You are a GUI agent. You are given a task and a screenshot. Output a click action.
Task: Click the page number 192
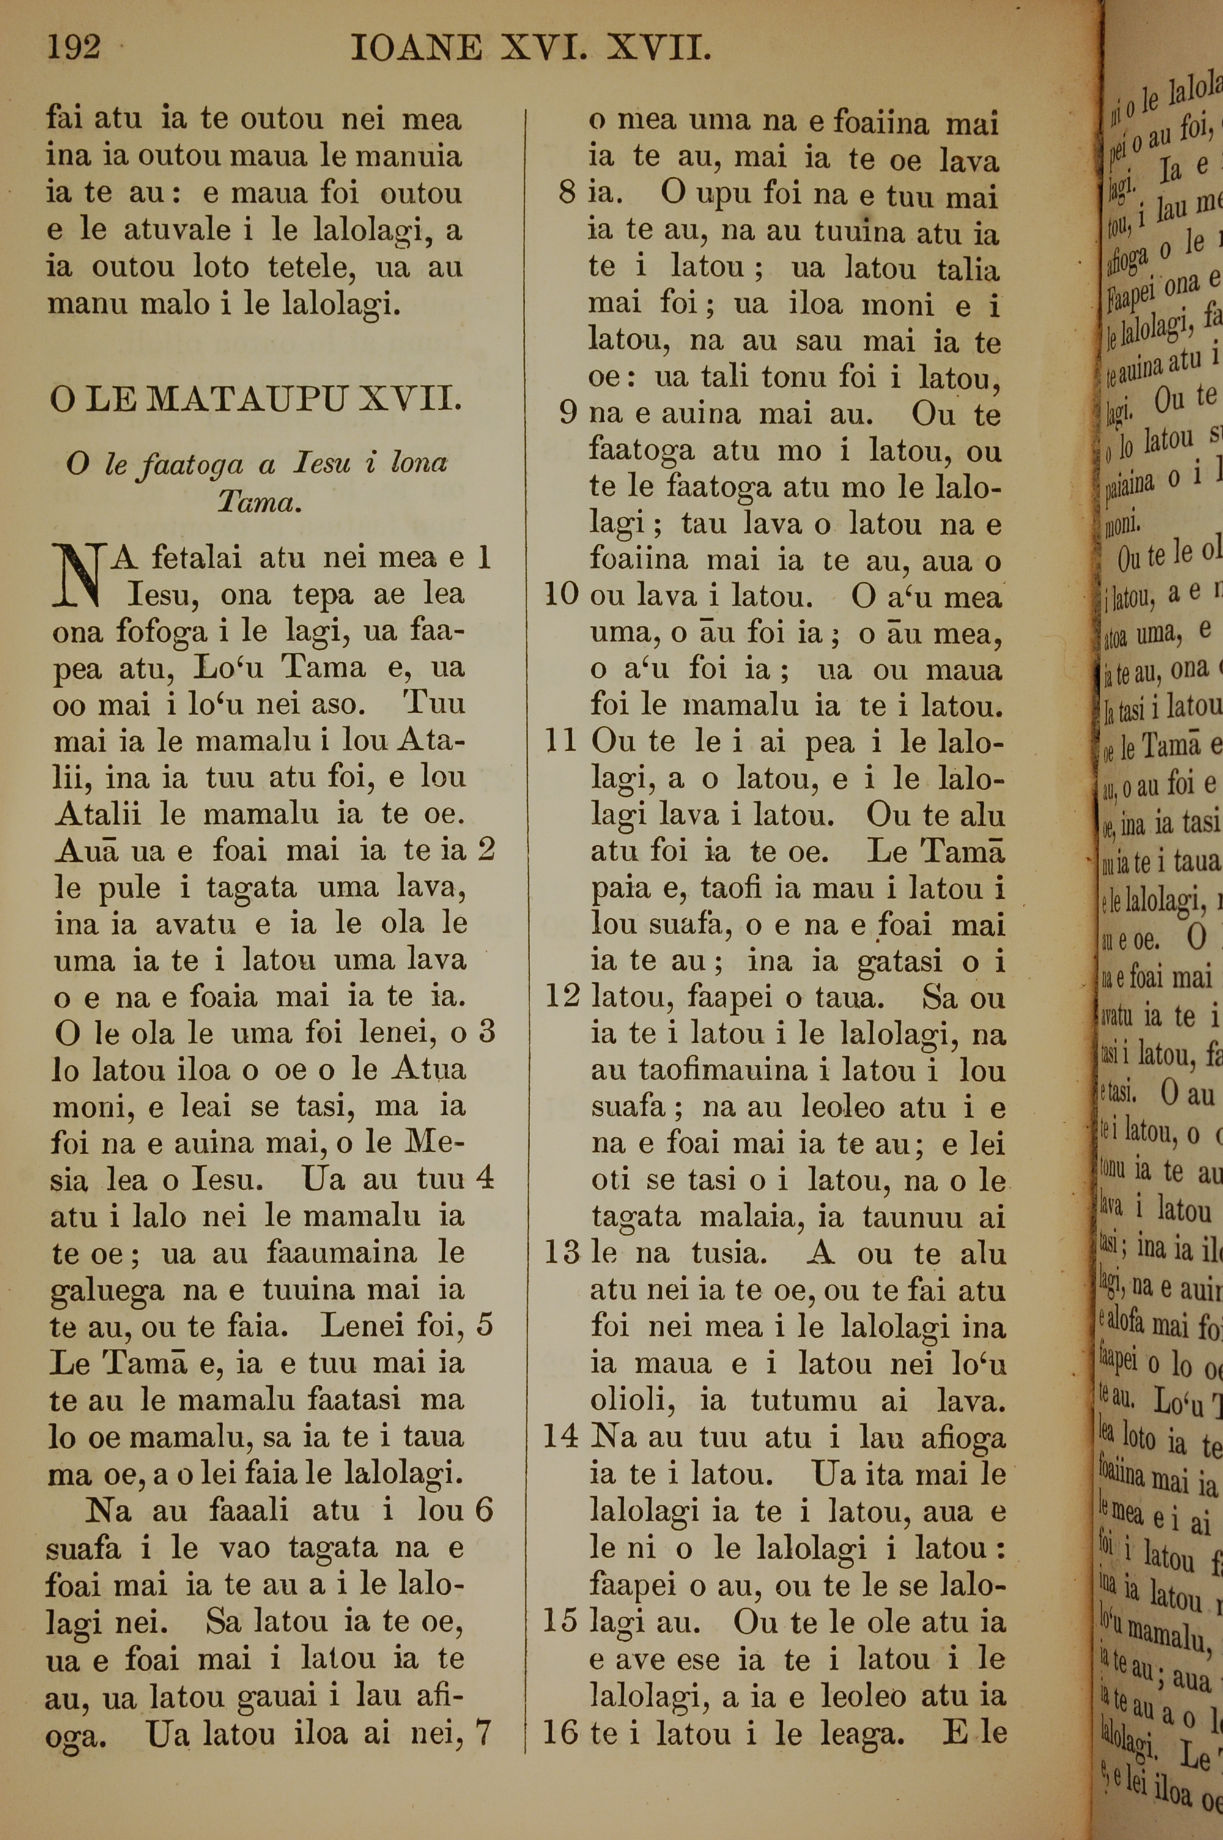click(x=74, y=48)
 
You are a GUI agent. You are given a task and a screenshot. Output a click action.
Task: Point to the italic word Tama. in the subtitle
click(x=258, y=502)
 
